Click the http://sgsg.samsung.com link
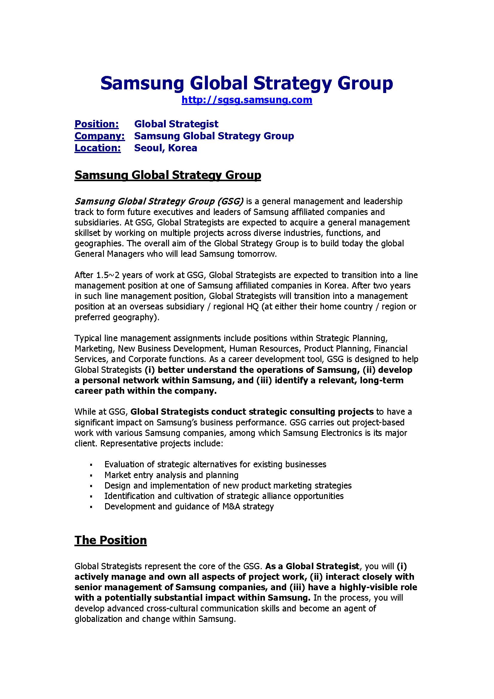(x=247, y=100)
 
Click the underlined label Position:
(x=96, y=124)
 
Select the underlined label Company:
(x=99, y=136)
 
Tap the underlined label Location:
(x=97, y=148)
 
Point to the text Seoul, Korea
(x=165, y=148)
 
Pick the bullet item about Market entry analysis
(x=171, y=475)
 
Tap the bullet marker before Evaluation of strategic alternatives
(x=91, y=465)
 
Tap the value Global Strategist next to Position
(x=176, y=124)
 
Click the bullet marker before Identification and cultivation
(x=91, y=497)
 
